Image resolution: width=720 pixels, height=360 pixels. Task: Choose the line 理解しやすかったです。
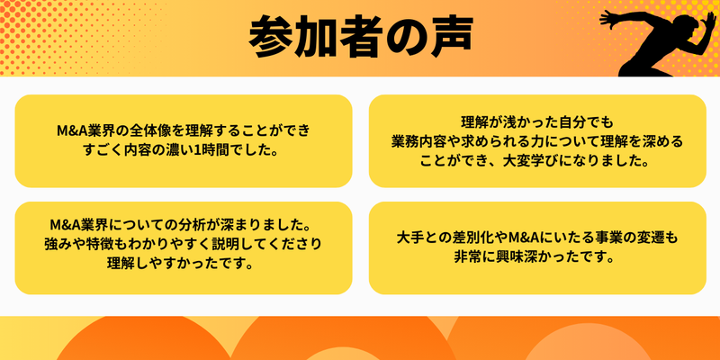click(183, 264)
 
